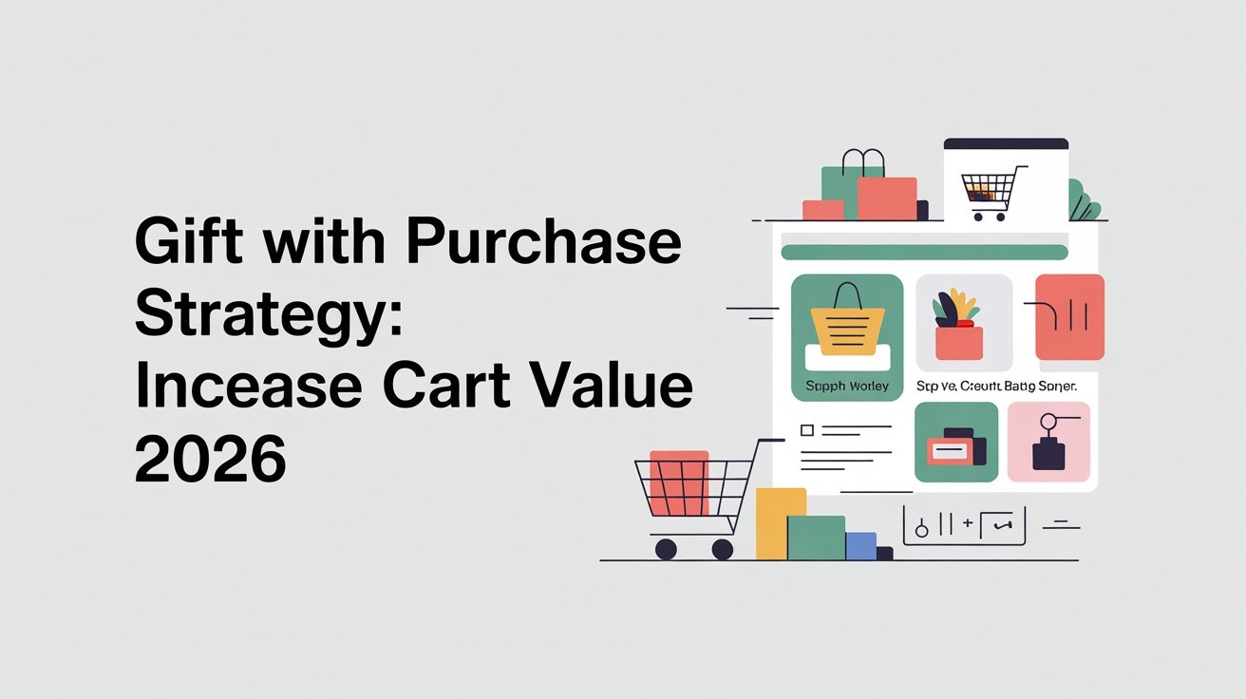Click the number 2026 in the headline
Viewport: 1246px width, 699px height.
coord(210,460)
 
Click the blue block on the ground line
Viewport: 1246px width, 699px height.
coord(860,545)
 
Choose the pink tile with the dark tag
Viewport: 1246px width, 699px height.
coord(1048,442)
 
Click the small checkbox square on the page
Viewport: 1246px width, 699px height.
coord(807,430)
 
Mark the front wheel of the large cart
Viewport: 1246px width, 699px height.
coord(666,549)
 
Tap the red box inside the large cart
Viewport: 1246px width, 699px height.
coord(678,482)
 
